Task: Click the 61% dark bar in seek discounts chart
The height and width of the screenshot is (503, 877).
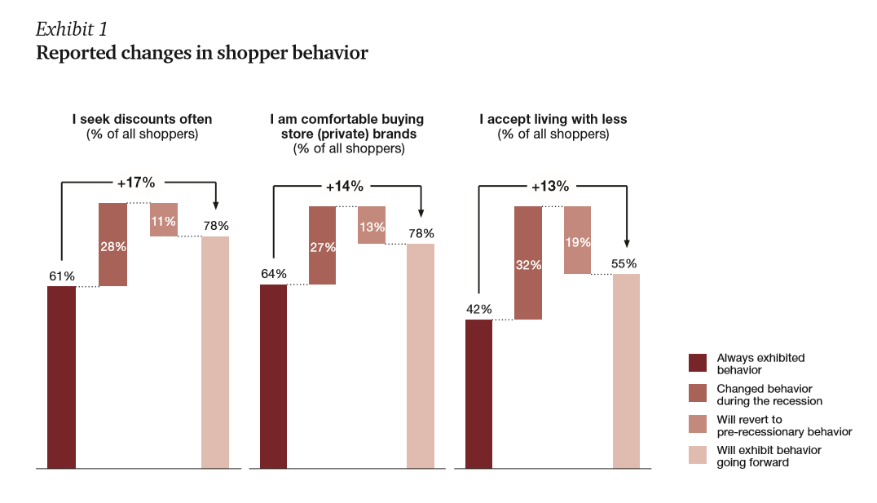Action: tap(61, 377)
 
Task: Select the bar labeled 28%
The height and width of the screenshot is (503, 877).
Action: tap(112, 245)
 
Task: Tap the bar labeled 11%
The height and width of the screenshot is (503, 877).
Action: tap(163, 219)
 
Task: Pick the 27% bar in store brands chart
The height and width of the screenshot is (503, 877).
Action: tap(322, 245)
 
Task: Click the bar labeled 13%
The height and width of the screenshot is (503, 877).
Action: tap(372, 225)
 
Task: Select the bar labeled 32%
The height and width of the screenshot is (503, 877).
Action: tap(527, 263)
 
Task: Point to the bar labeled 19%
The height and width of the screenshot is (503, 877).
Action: tap(577, 240)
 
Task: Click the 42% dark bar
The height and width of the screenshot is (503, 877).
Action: tap(478, 394)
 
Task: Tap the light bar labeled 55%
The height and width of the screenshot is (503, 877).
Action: tap(626, 371)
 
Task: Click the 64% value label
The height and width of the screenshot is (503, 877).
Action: tap(272, 272)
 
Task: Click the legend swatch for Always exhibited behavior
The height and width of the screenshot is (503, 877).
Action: tap(698, 363)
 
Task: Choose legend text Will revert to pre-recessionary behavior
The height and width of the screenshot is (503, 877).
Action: tap(784, 426)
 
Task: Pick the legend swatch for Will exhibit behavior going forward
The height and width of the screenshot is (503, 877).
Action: tap(698, 455)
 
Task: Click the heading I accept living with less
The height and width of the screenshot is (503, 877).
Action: tap(553, 119)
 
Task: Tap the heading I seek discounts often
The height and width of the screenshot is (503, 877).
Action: tap(143, 119)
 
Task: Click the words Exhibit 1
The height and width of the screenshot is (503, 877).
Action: tap(72, 29)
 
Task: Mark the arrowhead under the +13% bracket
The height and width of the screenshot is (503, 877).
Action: tap(627, 243)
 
